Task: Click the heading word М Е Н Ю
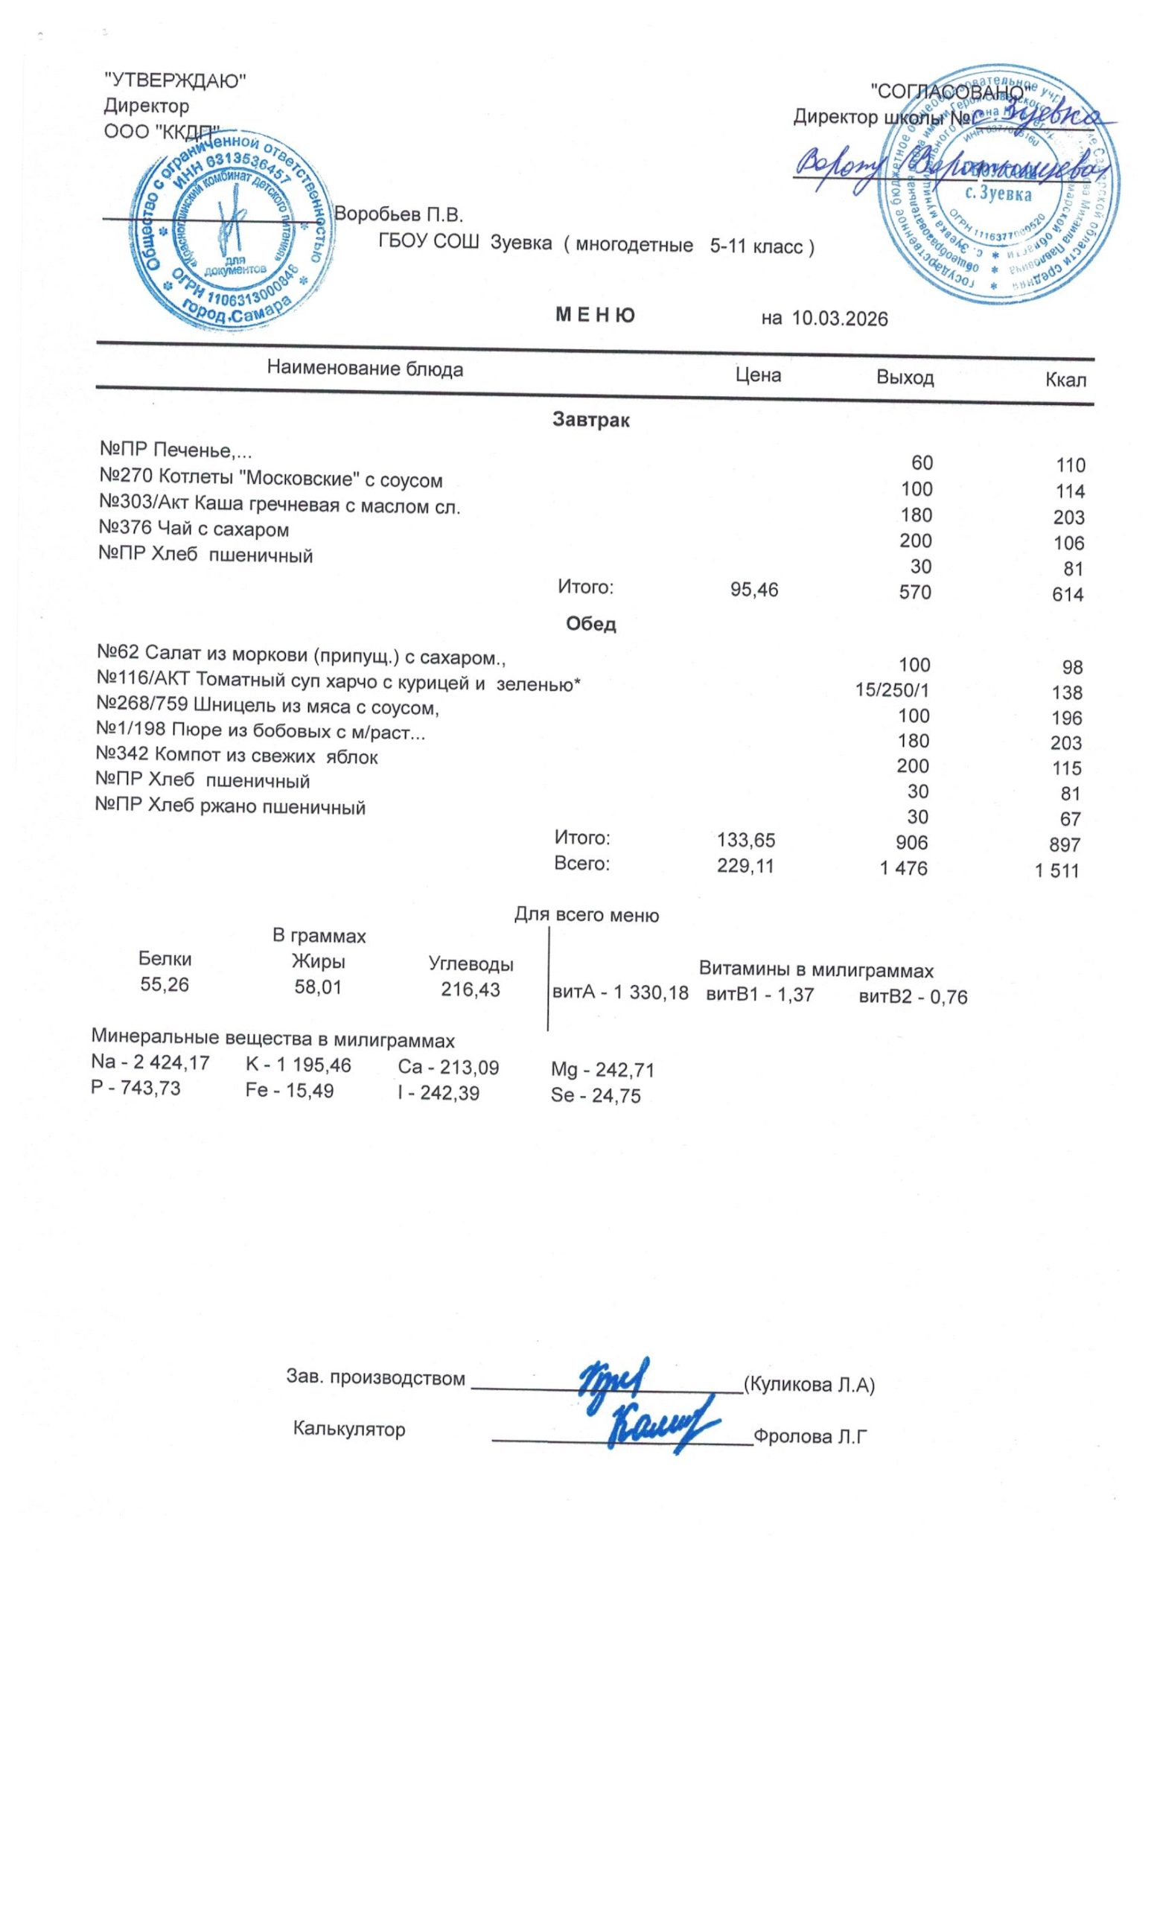595,315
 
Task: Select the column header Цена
757,375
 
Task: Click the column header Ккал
1065,380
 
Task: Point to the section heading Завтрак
590,420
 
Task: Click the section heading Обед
590,624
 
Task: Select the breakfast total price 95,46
754,590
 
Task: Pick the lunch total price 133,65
745,840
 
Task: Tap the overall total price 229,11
745,867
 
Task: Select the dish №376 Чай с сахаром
194,530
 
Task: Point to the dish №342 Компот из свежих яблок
237,756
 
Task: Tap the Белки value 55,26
164,985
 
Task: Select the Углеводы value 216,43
471,989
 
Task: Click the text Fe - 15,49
289,1091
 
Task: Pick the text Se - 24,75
595,1095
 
